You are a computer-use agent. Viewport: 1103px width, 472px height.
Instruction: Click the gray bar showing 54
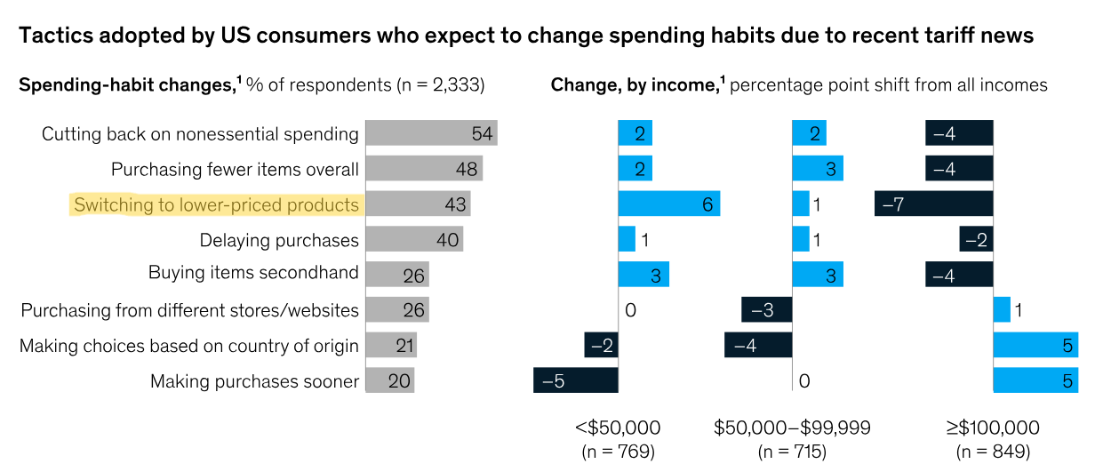pos(431,133)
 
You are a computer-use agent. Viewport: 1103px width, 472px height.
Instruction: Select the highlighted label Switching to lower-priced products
pos(217,204)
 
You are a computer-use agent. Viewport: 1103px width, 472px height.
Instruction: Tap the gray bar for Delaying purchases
pos(414,239)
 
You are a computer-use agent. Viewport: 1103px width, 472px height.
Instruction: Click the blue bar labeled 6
pos(668,204)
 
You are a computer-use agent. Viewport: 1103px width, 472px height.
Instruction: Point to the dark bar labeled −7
pos(933,204)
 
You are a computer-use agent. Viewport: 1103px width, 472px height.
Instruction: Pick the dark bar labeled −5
pos(575,380)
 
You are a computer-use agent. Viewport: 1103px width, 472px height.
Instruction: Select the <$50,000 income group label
pos(618,428)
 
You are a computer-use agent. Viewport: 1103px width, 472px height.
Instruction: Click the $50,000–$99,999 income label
pos(792,428)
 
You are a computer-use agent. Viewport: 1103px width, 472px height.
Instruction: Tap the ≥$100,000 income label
pos(993,428)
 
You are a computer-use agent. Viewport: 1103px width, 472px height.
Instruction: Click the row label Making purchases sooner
pos(254,381)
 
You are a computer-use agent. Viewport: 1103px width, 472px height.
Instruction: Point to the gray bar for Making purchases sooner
pos(389,380)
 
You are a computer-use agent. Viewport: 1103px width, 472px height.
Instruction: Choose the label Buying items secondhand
pos(253,274)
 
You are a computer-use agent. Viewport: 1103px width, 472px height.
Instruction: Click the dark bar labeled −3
pos(766,309)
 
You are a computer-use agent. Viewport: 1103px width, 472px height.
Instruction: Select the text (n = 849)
pos(993,452)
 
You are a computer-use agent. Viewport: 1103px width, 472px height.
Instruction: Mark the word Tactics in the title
pos(55,36)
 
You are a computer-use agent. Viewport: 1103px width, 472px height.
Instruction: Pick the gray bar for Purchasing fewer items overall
pos(424,169)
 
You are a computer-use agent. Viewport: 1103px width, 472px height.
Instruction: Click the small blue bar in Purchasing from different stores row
pos(1002,309)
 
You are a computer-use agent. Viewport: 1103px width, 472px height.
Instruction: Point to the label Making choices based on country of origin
pos(189,346)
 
